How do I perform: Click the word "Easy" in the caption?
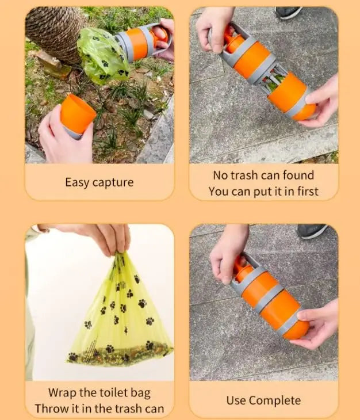coord(77,183)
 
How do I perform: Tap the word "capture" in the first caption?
coord(113,183)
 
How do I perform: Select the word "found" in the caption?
coord(298,175)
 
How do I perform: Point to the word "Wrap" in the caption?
coord(62,393)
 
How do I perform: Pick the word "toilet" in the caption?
coord(113,393)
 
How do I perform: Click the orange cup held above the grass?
coord(78,114)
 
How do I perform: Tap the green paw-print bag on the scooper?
coord(103,55)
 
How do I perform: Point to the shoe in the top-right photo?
coord(288,12)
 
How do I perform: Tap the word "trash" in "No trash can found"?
coord(244,175)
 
